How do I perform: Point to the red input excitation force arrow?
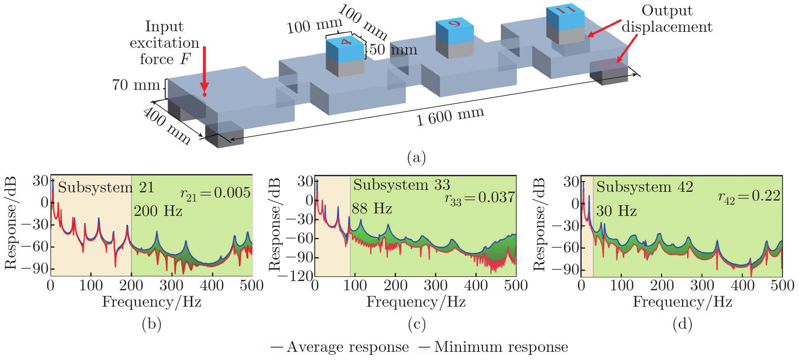coord(204,69)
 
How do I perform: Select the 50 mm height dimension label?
coord(391,50)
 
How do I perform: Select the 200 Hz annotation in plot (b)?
coord(158,210)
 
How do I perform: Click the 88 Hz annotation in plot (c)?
coord(372,209)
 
